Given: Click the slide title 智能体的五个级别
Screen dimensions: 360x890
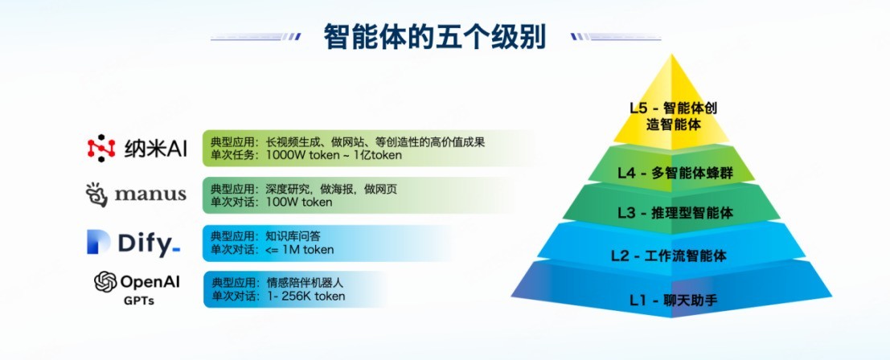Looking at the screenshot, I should tap(434, 37).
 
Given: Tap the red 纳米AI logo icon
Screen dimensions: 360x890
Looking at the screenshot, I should tap(101, 148).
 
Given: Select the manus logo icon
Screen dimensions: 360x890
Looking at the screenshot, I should tap(97, 194).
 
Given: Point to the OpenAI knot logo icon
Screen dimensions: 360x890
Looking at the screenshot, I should tap(105, 282).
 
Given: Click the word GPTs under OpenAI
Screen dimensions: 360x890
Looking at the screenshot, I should tap(138, 301).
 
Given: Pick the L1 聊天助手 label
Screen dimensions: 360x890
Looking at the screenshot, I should tap(673, 301).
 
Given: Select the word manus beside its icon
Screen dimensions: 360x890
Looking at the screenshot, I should tap(150, 194).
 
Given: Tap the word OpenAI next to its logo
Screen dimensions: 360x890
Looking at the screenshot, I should tap(150, 282).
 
